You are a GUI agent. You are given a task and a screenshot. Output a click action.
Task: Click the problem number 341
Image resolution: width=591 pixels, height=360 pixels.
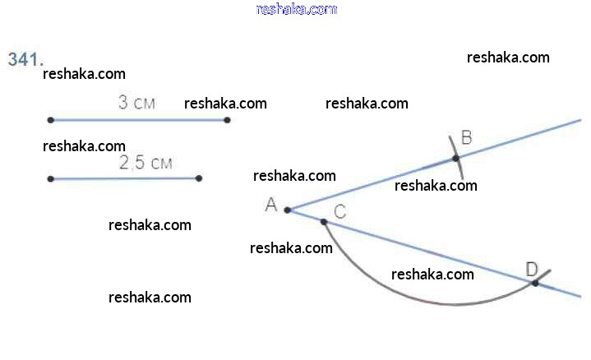pyautogui.click(x=25, y=59)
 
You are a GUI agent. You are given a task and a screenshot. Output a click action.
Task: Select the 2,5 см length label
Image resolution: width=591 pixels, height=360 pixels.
pyautogui.click(x=145, y=163)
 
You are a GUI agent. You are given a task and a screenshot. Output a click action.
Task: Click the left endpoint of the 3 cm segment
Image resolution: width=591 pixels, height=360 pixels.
pyautogui.click(x=51, y=120)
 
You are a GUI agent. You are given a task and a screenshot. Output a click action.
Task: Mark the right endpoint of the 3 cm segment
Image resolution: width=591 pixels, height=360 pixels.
pyautogui.click(x=227, y=120)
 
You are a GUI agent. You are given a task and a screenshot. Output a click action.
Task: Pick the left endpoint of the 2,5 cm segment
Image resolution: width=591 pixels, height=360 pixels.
pyautogui.click(x=51, y=178)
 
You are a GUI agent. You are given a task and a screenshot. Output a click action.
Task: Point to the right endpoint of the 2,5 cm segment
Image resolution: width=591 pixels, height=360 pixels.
pyautogui.click(x=199, y=178)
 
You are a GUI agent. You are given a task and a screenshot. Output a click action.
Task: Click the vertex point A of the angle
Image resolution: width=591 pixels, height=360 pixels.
pyautogui.click(x=288, y=210)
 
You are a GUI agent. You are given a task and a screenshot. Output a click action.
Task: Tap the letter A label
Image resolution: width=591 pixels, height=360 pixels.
pyautogui.click(x=271, y=205)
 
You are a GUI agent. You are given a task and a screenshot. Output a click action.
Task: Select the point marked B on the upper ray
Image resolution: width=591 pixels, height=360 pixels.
pyautogui.click(x=456, y=159)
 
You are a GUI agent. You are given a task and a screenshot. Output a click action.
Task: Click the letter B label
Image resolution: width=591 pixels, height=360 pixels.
pyautogui.click(x=466, y=137)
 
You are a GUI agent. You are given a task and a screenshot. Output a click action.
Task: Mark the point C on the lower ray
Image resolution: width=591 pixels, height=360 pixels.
pyautogui.click(x=324, y=221)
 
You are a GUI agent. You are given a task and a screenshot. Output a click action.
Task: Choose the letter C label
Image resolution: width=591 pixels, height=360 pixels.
pyautogui.click(x=340, y=211)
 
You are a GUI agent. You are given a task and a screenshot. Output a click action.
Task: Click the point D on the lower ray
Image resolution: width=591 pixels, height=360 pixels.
pyautogui.click(x=535, y=283)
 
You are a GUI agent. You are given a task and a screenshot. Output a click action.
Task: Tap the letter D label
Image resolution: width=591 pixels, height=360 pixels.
pyautogui.click(x=532, y=268)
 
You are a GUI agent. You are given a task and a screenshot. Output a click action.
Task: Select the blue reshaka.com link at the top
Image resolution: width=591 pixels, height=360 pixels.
pyautogui.click(x=297, y=9)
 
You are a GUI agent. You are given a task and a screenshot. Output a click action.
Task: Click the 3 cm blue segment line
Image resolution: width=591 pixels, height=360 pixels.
pyautogui.click(x=139, y=120)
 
